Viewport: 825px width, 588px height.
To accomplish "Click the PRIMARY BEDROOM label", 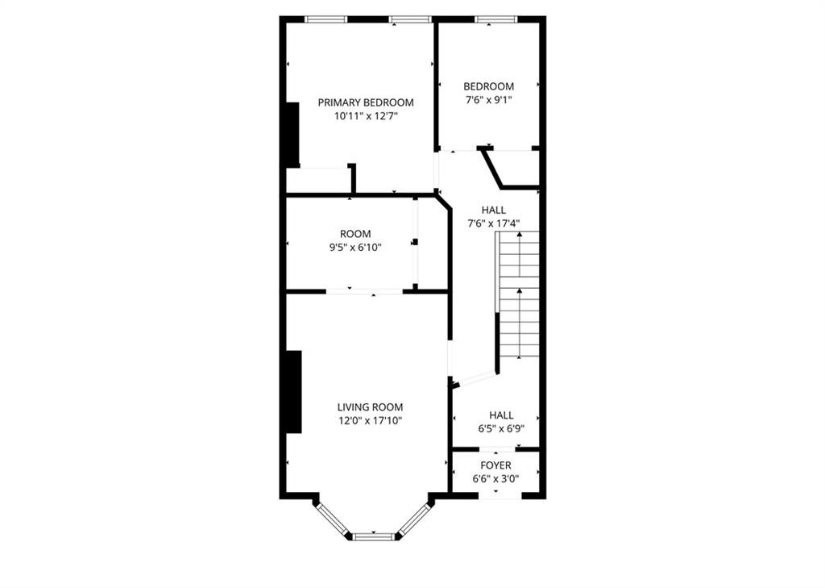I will click(366, 102).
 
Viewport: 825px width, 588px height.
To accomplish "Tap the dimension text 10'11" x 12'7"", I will click(366, 116).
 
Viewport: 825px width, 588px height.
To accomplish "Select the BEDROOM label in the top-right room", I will click(488, 86).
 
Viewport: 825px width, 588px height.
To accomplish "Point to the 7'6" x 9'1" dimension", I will click(488, 100).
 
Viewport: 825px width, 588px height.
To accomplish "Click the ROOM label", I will click(355, 234).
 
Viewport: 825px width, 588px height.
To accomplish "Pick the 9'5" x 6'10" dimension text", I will click(355, 248).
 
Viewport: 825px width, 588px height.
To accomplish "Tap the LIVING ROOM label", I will click(370, 407).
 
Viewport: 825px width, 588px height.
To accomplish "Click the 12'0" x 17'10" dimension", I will click(370, 420).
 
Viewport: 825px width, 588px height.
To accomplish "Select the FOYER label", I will click(495, 465).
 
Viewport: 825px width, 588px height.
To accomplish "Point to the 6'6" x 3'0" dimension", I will click(495, 479).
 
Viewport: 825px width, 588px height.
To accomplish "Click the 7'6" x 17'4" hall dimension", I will click(493, 223).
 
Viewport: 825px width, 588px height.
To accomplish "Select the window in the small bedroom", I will click(490, 19).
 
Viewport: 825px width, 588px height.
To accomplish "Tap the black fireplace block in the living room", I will click(294, 391).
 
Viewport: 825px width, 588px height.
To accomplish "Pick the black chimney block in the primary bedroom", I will click(292, 133).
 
